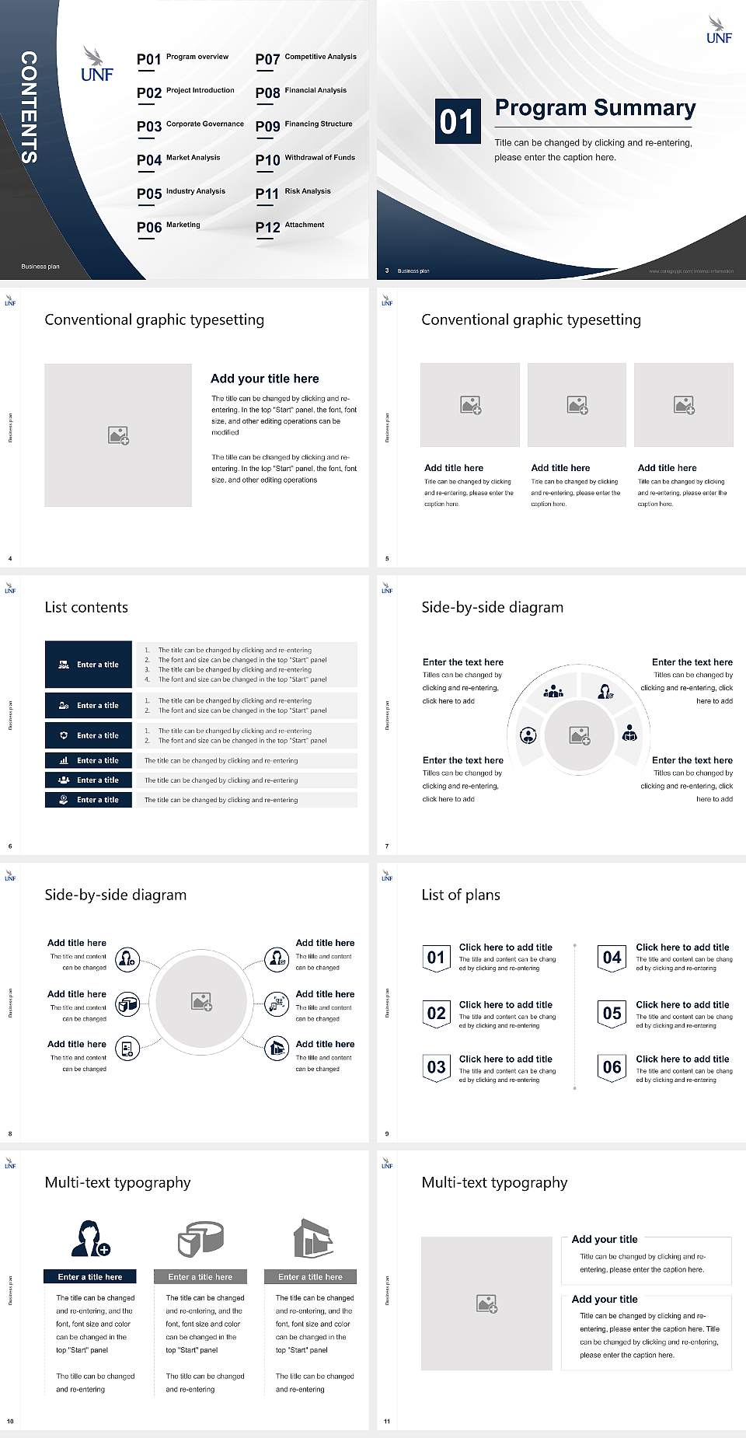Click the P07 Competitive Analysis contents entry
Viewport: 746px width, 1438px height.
tap(305, 58)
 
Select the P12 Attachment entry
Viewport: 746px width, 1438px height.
tap(290, 226)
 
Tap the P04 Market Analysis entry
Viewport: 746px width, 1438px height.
tap(179, 159)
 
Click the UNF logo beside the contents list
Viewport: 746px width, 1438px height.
tap(96, 65)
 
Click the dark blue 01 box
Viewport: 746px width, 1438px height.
tap(456, 121)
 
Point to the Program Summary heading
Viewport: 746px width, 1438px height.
tap(594, 108)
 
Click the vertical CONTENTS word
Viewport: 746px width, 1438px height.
tap(29, 107)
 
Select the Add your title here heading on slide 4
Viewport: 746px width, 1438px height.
tap(264, 379)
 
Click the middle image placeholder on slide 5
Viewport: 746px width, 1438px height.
tap(577, 405)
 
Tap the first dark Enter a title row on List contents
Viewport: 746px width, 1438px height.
tap(89, 665)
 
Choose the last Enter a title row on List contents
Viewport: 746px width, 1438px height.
tap(89, 800)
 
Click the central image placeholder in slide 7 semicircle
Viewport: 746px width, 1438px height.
tap(579, 735)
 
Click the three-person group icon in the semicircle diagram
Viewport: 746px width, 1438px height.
tap(553, 691)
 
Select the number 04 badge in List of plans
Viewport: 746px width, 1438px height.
tap(612, 958)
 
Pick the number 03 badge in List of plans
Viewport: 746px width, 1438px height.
tap(436, 1068)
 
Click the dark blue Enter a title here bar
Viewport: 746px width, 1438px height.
tap(89, 1276)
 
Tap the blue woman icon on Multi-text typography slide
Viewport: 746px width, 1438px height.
tap(89, 1238)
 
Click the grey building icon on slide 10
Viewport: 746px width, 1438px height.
tap(312, 1238)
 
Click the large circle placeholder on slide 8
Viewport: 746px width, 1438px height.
tap(201, 1001)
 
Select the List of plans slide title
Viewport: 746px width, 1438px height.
tap(460, 895)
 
